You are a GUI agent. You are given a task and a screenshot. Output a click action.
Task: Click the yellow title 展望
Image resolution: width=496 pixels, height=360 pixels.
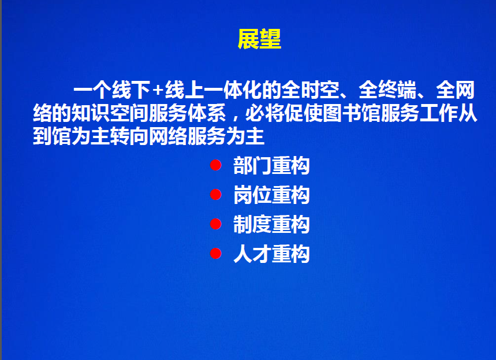tap(259, 39)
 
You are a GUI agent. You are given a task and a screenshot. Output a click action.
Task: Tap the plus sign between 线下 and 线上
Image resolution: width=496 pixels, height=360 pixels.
tap(157, 91)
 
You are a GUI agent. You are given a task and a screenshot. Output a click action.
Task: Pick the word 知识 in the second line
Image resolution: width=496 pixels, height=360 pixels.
tap(91, 113)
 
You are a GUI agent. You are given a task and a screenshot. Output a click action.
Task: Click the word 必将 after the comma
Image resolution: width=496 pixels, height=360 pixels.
tap(264, 113)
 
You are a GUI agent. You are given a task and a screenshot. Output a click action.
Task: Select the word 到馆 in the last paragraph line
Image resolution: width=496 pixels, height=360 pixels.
tap(52, 136)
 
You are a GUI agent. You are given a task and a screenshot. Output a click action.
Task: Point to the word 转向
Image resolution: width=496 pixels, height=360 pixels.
tap(129, 136)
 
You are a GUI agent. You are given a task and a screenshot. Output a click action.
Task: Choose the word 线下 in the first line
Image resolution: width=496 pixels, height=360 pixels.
tap(130, 90)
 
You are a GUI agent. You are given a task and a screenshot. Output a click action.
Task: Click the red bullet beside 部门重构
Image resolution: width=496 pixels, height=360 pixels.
tap(216, 165)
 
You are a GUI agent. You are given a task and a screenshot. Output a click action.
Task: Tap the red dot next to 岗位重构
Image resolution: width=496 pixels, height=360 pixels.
tap(216, 194)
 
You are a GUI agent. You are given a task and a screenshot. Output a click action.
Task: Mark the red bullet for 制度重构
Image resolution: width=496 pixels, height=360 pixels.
tap(216, 224)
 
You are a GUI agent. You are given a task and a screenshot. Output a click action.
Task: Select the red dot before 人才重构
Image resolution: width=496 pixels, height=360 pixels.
tap(216, 253)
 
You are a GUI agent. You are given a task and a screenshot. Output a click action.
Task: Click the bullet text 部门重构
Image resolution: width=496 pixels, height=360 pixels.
tap(271, 165)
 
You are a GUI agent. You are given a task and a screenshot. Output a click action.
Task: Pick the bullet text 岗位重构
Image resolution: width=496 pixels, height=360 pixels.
tap(271, 195)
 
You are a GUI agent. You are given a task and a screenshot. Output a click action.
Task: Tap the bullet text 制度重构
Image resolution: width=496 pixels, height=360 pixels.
tap(271, 224)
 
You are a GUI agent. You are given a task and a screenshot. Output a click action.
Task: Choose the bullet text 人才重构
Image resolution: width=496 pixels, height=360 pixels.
tap(271, 254)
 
